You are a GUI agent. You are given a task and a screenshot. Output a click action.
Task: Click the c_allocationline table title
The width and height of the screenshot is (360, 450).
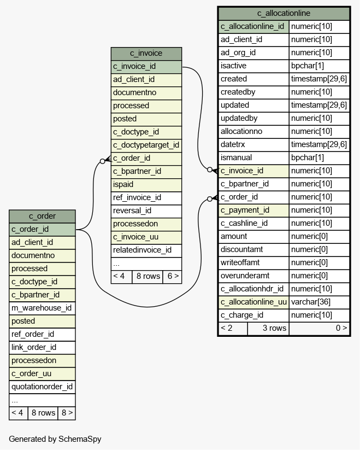[x=284, y=13]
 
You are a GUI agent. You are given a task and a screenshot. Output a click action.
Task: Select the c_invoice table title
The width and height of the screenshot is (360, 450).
[x=146, y=53]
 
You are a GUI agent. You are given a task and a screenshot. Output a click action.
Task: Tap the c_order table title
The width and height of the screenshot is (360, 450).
[x=42, y=216]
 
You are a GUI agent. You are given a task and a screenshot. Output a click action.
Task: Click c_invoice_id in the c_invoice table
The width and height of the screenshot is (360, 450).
[x=134, y=66]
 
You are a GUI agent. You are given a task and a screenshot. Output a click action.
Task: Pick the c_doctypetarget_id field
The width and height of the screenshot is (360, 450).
[x=146, y=145]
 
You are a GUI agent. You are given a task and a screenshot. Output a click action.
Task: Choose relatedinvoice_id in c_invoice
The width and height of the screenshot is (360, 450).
[x=142, y=250]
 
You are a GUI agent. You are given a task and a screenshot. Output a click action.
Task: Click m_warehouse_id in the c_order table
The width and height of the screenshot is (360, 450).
[x=42, y=308]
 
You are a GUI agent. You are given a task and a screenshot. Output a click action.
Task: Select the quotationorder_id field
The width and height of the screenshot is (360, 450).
[x=42, y=387]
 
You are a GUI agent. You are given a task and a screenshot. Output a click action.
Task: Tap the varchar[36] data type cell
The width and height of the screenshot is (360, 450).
[x=311, y=302]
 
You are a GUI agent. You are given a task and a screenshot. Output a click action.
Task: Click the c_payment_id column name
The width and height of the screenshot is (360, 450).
[x=245, y=210]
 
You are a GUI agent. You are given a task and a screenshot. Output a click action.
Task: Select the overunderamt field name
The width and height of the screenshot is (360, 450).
[x=245, y=276]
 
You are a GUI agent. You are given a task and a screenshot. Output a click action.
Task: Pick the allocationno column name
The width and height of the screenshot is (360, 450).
[x=241, y=131]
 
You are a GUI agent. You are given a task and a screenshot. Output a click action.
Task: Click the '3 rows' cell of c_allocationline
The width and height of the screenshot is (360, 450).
[x=275, y=328]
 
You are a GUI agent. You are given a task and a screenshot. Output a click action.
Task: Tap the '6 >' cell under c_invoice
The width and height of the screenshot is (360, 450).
[x=173, y=276]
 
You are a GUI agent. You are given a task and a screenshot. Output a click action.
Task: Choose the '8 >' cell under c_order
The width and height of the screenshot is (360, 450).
[x=67, y=413]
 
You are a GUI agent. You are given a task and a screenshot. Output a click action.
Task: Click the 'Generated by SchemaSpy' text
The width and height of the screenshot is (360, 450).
[x=55, y=439]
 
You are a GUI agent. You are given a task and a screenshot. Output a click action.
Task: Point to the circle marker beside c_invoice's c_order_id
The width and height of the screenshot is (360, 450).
[x=103, y=161]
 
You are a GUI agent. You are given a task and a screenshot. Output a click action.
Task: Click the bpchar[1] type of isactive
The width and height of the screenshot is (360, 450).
[x=308, y=66]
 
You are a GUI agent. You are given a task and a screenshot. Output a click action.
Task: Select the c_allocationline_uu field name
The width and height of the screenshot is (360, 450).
[x=253, y=302]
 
